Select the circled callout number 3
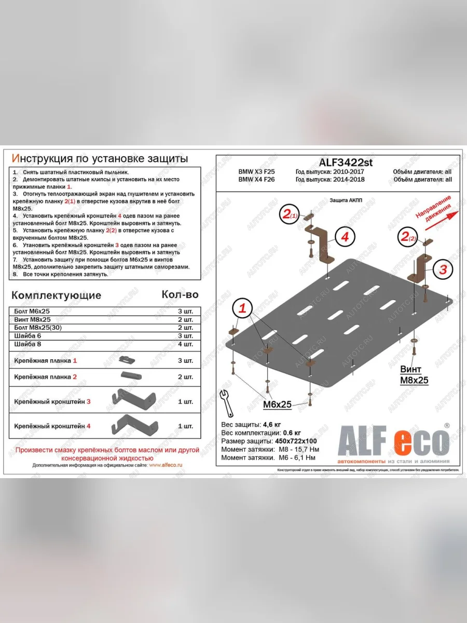click(443, 269)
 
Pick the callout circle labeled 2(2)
click(408, 237)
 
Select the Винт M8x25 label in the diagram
click(414, 375)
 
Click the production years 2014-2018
click(330, 180)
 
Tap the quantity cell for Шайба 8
click(185, 344)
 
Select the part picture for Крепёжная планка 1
click(127, 359)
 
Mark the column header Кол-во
click(180, 294)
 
